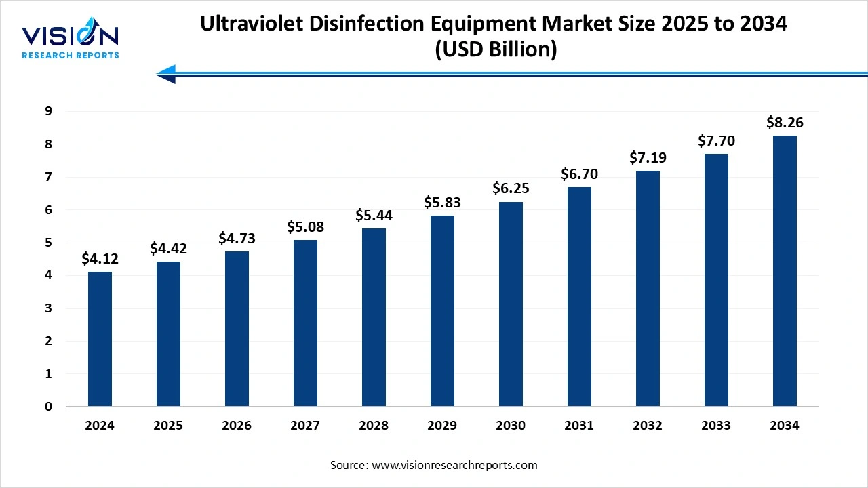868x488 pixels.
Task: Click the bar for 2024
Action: point(100,339)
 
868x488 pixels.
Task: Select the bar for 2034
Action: point(785,271)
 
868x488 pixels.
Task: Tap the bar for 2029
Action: point(442,311)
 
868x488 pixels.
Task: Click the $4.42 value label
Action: point(168,249)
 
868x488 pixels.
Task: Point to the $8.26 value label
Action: point(785,123)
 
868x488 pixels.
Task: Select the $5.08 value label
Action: point(305,227)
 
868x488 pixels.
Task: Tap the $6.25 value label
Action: point(511,189)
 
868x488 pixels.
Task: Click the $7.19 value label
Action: point(648,158)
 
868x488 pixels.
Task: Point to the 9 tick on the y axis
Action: point(48,111)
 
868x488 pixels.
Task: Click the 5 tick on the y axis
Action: point(48,243)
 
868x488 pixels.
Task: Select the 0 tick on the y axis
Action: point(48,407)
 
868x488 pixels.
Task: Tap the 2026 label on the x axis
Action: point(237,426)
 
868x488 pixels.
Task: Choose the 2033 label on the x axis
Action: point(716,426)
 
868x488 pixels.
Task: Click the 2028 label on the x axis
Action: point(374,426)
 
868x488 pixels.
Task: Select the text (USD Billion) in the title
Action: point(494,50)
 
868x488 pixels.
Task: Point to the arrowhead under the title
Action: point(167,74)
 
